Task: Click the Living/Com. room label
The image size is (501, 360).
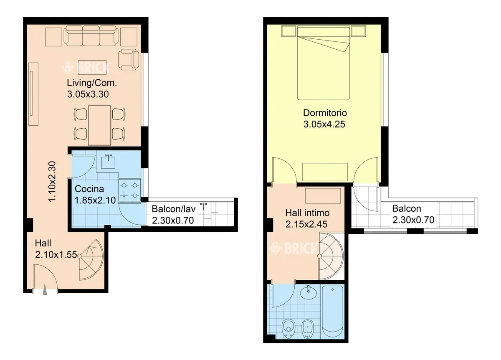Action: pos(92,83)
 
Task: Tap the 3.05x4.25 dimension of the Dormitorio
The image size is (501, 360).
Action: pos(324,124)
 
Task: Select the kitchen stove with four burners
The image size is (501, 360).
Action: pos(130,190)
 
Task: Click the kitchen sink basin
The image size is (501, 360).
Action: pos(108,162)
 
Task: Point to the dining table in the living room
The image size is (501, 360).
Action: pos(99,125)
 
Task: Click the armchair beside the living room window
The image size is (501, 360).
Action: pos(129,60)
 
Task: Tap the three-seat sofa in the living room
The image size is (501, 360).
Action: pos(91,36)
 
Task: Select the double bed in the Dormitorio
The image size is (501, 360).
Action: pos(324,63)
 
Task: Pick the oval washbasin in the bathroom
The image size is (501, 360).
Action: pos(309,293)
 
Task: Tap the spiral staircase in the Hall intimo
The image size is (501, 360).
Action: pos(331,256)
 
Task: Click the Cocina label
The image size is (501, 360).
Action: pos(89,189)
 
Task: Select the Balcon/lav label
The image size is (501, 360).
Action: pos(174,209)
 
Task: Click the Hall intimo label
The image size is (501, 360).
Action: pos(307,213)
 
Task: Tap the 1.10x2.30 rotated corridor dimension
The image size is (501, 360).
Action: pos(52,181)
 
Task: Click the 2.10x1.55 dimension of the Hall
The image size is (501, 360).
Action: pos(56,255)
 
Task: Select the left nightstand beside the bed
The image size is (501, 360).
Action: pos(288,31)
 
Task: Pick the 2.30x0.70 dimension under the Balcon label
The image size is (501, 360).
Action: pos(413,220)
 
